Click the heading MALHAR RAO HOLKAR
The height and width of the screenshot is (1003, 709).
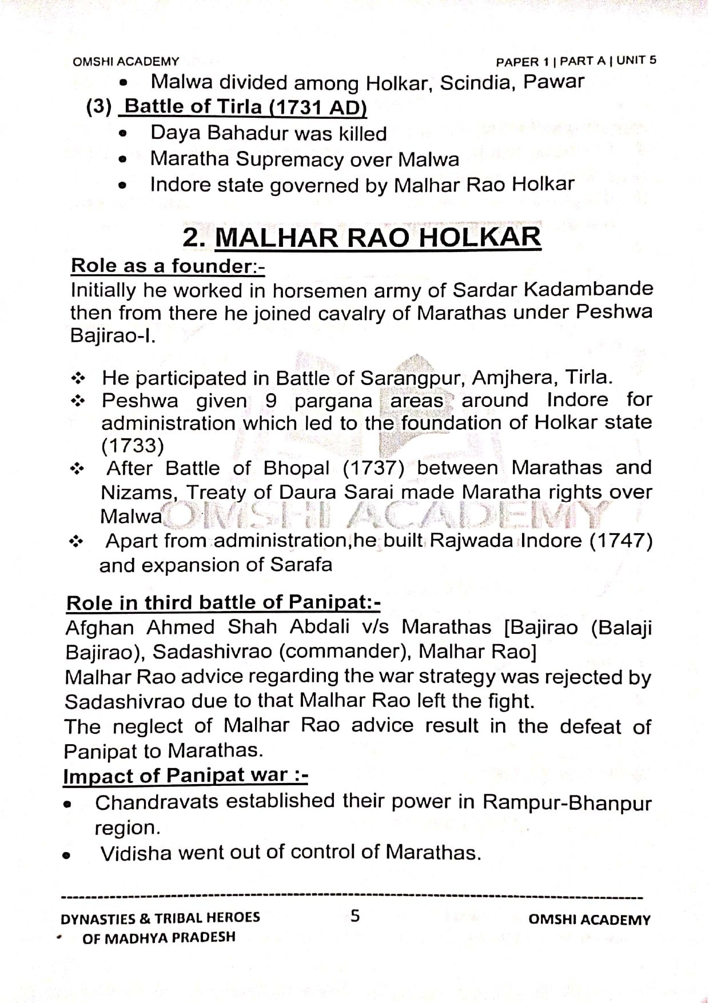[x=377, y=238]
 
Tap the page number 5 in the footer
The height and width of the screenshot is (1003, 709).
[x=356, y=916]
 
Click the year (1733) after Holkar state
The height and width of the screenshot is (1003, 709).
[x=133, y=446]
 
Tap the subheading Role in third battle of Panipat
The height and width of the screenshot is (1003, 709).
[x=223, y=603]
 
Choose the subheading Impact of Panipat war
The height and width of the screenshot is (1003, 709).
[x=185, y=776]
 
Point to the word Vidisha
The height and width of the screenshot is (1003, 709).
[x=136, y=853]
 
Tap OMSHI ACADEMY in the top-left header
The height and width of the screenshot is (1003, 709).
[x=126, y=61]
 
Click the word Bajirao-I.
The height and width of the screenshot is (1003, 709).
[x=113, y=336]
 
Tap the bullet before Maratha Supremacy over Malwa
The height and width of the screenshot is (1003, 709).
[x=122, y=161]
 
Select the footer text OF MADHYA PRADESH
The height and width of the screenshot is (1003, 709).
[x=159, y=938]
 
